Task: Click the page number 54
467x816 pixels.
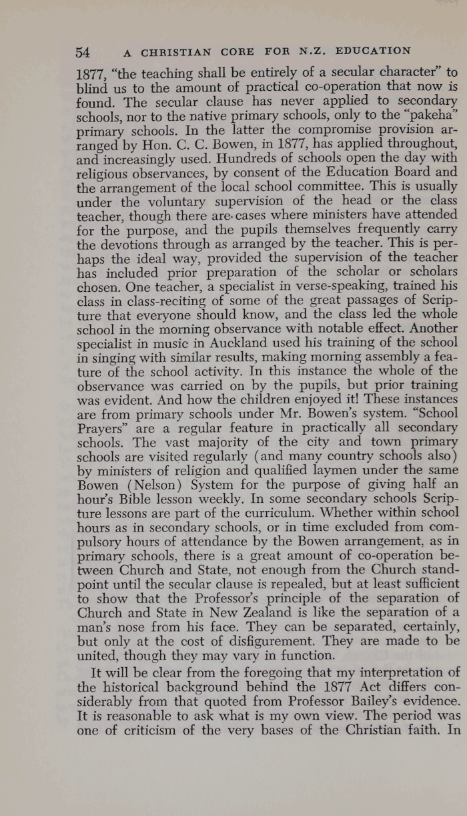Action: click(x=83, y=51)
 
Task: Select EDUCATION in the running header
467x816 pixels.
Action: click(x=373, y=51)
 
